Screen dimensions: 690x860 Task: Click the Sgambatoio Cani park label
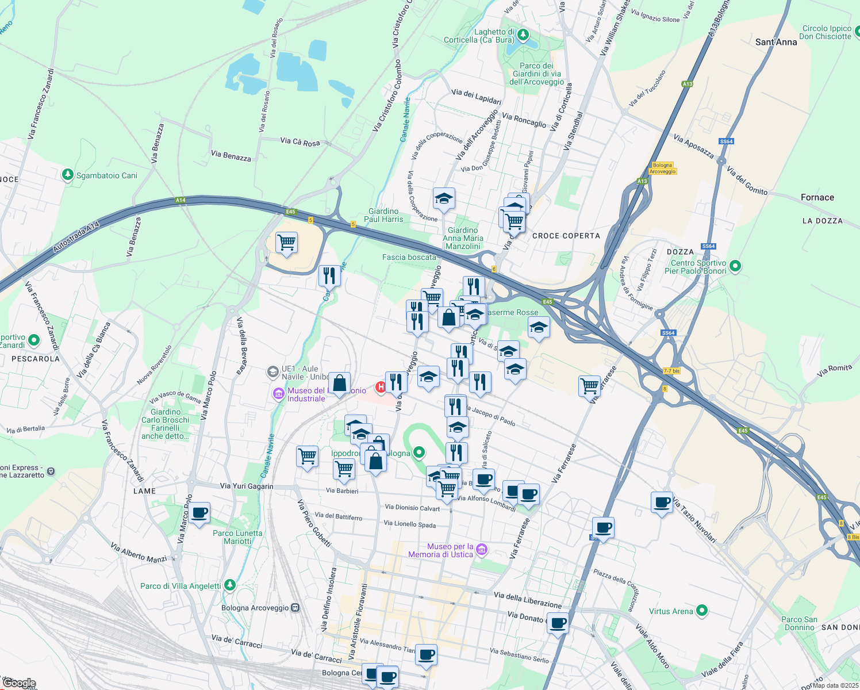click(x=107, y=175)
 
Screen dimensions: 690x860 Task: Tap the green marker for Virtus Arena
click(x=701, y=611)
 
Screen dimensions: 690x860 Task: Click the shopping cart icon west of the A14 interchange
click(x=286, y=243)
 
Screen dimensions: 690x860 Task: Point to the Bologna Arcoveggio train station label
click(x=255, y=608)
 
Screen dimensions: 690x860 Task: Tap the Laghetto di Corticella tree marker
click(x=523, y=35)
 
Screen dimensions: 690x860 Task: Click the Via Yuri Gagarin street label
click(x=247, y=486)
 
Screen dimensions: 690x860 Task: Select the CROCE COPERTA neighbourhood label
click(x=566, y=236)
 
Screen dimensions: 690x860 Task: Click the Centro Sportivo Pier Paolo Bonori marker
click(x=735, y=266)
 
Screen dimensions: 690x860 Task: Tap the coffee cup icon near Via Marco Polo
click(x=199, y=512)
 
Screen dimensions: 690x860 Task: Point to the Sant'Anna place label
click(x=776, y=42)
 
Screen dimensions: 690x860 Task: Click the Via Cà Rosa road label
click(x=300, y=141)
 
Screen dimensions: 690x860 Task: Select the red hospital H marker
click(x=381, y=388)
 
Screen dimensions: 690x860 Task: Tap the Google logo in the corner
click(x=19, y=683)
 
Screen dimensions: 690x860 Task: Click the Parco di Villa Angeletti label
click(x=181, y=586)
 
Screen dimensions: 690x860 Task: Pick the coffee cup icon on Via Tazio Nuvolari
click(x=662, y=502)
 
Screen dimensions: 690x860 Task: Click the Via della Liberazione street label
click(x=527, y=600)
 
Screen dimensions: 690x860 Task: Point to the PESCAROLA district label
click(x=36, y=359)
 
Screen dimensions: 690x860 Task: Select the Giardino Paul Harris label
click(x=383, y=215)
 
